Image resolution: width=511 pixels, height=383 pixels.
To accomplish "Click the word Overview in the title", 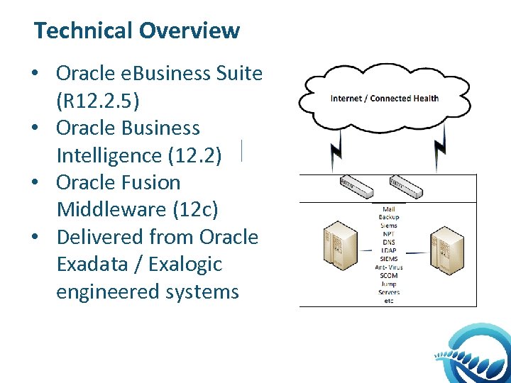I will coord(189,31).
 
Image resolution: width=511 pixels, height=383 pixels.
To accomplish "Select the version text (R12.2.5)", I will coord(98,101).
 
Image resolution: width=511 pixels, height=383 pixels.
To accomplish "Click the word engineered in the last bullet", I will coord(106,292).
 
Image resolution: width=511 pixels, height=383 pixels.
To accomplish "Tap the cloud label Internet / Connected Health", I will coord(385,99).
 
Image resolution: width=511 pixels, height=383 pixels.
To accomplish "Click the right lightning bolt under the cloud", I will coord(440,147).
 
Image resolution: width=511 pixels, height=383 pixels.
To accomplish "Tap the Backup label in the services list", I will coord(388,217).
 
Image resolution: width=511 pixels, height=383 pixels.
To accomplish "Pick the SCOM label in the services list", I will coord(388,275).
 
